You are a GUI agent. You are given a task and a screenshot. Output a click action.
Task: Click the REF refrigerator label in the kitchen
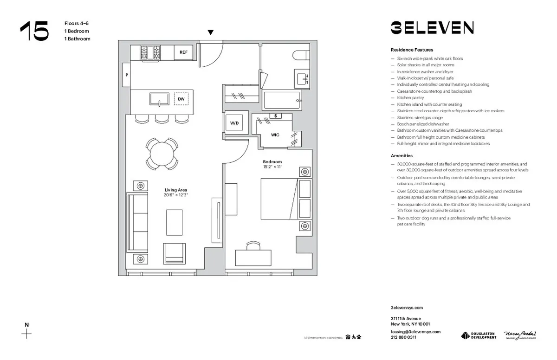tap(183, 52)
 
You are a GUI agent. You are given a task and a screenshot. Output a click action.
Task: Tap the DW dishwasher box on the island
tap(181, 99)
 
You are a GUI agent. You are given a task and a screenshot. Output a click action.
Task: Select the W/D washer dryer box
tap(234, 123)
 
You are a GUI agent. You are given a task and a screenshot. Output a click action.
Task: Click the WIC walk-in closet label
tap(275, 135)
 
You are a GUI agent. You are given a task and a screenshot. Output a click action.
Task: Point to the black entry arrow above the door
tap(211, 32)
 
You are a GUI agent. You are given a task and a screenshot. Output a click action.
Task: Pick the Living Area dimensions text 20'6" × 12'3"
tap(176, 195)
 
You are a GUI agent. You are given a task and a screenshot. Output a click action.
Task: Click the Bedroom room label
tap(272, 161)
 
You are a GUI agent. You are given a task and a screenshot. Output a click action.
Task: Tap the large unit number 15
tap(34, 32)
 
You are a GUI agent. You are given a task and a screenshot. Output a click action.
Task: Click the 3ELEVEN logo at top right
tap(432, 28)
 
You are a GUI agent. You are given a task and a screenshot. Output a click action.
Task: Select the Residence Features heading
tap(412, 50)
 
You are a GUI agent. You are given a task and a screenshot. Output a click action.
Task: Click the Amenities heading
tap(402, 156)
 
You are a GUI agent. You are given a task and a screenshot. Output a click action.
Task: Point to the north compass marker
tap(27, 331)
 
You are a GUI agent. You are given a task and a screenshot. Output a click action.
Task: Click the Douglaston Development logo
tap(479, 335)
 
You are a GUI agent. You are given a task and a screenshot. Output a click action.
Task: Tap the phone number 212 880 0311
tap(403, 337)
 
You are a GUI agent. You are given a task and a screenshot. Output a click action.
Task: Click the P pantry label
tap(126, 75)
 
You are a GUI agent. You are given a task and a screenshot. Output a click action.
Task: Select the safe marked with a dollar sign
tap(276, 116)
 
